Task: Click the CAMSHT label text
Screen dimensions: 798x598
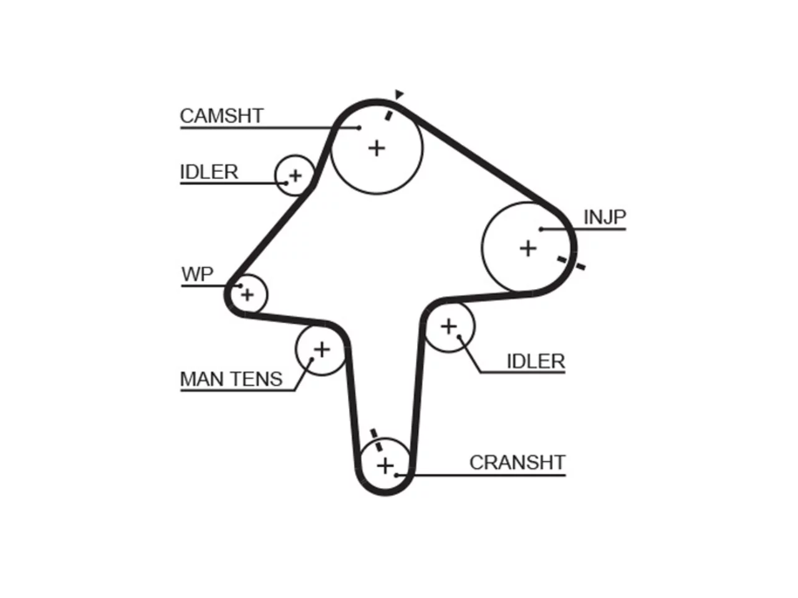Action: [x=221, y=116]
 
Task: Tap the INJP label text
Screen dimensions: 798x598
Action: [x=605, y=217]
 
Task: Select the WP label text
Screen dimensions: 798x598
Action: [x=198, y=273]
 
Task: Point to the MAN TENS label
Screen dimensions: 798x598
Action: [x=231, y=379]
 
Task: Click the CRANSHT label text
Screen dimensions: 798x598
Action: [x=517, y=463]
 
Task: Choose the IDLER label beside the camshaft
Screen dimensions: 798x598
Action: [x=209, y=172]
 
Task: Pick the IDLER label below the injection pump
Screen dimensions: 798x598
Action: [x=536, y=361]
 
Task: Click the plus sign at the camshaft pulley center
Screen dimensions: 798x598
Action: [x=377, y=148]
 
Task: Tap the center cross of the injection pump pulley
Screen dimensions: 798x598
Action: [x=528, y=249]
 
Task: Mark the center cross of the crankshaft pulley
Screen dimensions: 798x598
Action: [x=385, y=466]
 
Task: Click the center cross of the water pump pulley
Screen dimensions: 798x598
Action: [x=248, y=295]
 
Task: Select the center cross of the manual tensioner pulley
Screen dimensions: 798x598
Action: [x=322, y=349]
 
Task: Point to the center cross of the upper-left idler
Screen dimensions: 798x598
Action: [x=296, y=176]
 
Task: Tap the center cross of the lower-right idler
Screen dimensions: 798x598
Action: [x=449, y=326]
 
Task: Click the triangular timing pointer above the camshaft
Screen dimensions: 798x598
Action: [x=399, y=95]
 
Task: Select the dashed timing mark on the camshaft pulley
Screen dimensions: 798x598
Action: [x=389, y=116]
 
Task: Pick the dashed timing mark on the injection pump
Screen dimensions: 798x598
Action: [x=571, y=263]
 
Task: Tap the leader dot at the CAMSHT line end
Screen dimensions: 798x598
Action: [x=359, y=128]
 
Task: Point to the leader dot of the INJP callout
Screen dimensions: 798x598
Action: [x=541, y=229]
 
